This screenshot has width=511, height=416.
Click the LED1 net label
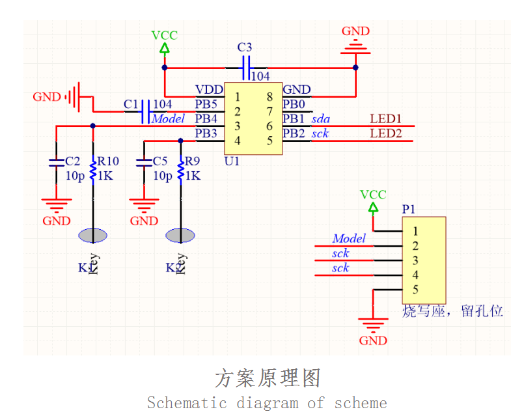pos(385,119)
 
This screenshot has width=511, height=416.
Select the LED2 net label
pos(385,134)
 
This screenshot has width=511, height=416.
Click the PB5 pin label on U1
pos(206,104)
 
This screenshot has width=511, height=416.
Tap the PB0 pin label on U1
pos(294,104)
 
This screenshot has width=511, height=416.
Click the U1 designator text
pos(231,161)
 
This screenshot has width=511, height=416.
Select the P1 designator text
pos(408,209)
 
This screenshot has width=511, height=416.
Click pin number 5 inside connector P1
pos(415,290)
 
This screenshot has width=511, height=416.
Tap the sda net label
pos(320,119)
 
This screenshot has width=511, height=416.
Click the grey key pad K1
pos(92,235)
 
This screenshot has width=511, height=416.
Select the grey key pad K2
pos(180,235)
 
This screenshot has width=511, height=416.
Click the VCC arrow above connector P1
pos(373,208)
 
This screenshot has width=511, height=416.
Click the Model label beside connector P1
pos(349,239)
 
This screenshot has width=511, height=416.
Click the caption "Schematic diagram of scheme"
pos(267,403)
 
